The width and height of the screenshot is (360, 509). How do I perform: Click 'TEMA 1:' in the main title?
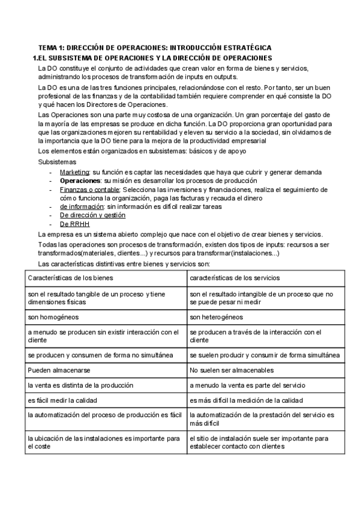[x=51, y=47]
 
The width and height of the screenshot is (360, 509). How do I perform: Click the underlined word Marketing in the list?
[x=75, y=172]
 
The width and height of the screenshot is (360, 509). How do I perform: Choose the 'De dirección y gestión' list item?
[x=92, y=215]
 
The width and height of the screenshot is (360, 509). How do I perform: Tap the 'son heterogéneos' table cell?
[x=216, y=317]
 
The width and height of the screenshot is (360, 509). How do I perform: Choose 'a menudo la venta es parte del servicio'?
[x=247, y=385]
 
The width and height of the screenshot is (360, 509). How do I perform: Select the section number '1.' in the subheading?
[x=35, y=57]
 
